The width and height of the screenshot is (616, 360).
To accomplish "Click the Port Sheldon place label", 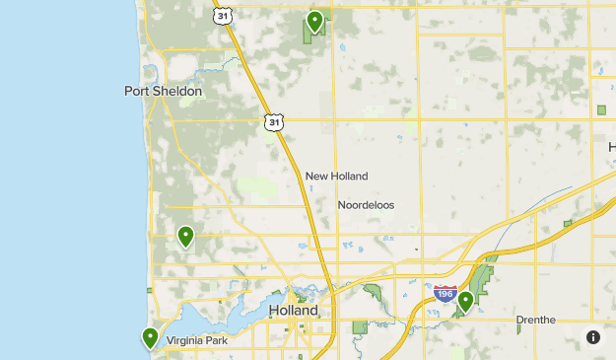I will (163, 92).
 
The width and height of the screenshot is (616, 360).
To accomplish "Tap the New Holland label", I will (336, 177).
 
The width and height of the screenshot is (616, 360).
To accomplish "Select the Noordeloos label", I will (366, 205).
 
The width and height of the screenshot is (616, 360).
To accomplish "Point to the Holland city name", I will (294, 311).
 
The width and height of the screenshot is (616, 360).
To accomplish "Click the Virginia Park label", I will (197, 341).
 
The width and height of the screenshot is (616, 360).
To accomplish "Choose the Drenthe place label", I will (536, 320).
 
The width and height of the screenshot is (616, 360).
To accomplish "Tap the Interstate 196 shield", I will (444, 293).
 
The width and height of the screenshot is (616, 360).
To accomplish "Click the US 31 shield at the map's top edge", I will (224, 15).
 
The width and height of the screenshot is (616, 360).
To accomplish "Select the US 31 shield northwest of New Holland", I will (273, 121).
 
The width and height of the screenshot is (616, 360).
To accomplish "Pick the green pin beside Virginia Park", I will (150, 338).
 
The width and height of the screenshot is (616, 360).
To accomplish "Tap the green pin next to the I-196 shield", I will (466, 300).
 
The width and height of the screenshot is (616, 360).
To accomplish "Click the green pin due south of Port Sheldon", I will (185, 236).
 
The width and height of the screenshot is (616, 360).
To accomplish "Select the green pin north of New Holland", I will (314, 21).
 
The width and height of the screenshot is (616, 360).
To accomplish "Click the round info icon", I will (593, 337).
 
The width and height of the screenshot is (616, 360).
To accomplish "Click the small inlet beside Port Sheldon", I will (151, 75).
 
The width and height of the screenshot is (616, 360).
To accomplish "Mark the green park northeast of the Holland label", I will (375, 292).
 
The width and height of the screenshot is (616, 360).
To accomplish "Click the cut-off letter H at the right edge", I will (611, 147).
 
